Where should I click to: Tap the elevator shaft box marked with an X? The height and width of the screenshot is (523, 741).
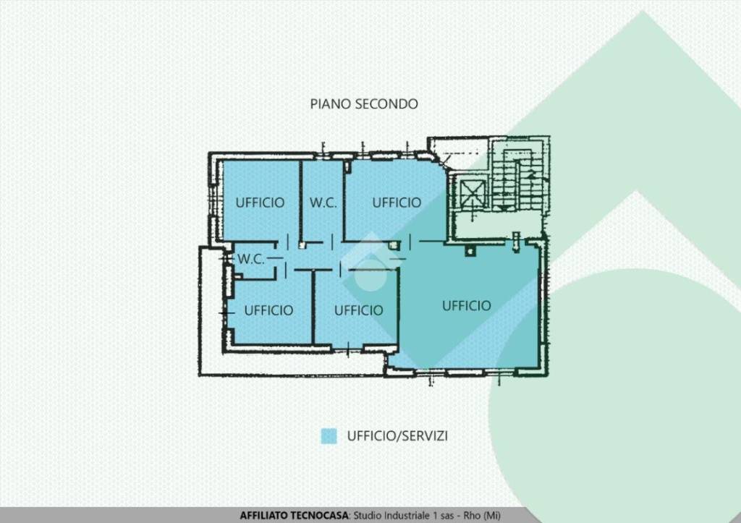[x=472, y=194]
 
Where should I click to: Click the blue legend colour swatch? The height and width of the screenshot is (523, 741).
[x=329, y=436]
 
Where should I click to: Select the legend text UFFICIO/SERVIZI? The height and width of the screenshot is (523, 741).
[x=397, y=435]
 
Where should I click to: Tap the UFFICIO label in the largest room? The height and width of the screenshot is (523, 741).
[x=467, y=306]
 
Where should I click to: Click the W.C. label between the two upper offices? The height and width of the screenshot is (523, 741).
[x=323, y=203]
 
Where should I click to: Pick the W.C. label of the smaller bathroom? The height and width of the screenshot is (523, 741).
[x=251, y=259]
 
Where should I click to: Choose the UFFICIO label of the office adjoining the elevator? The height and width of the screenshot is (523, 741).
[x=397, y=203]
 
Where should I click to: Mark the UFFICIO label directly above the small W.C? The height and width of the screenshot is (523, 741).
[x=260, y=203]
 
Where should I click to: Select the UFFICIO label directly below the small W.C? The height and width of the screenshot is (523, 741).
[x=269, y=310]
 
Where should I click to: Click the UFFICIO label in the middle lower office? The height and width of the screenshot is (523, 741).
[x=359, y=310]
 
